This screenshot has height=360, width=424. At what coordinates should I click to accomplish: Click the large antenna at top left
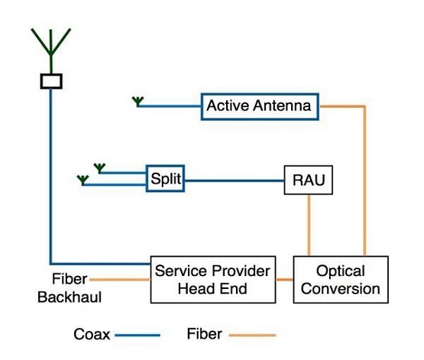pyautogui.click(x=51, y=50)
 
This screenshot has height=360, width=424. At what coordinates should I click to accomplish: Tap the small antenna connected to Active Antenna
pyautogui.click(x=138, y=102)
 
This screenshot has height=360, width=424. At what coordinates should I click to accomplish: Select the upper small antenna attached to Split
pyautogui.click(x=99, y=168)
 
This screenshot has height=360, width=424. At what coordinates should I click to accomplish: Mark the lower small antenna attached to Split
pyautogui.click(x=83, y=180)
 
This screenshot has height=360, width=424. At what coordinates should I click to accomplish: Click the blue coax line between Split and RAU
pyautogui.click(x=235, y=180)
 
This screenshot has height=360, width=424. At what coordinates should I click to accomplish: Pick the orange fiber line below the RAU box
pyautogui.click(x=309, y=225)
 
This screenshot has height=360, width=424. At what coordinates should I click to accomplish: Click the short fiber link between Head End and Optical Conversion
pyautogui.click(x=284, y=280)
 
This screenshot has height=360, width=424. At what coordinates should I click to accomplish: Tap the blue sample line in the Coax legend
pyautogui.click(x=138, y=335)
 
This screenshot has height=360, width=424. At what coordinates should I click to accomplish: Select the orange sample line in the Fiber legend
pyautogui.click(x=252, y=335)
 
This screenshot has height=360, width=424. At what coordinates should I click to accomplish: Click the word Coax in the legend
pyautogui.click(x=92, y=334)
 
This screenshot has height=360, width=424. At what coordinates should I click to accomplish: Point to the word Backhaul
pyautogui.click(x=70, y=297)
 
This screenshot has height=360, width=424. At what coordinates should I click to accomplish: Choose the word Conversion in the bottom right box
pyautogui.click(x=341, y=289)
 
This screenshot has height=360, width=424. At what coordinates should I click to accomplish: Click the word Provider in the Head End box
pyautogui.click(x=241, y=271)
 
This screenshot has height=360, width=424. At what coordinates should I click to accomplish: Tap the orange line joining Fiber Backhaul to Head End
pyautogui.click(x=120, y=280)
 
